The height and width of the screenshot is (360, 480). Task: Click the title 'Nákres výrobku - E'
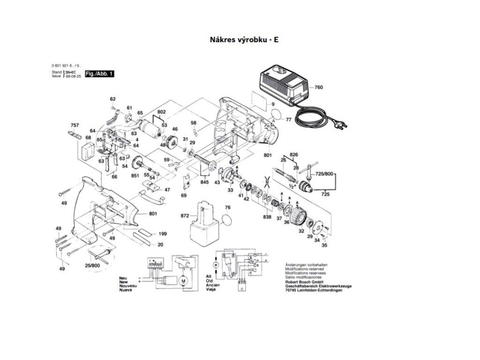244,40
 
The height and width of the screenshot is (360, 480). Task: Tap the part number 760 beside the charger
319,87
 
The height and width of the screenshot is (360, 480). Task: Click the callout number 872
185,216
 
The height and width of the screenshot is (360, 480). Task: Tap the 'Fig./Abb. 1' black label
99,74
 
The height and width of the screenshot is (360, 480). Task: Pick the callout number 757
75,125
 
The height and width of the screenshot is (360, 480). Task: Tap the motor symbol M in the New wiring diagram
184,280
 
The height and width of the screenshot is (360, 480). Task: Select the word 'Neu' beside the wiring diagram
123,277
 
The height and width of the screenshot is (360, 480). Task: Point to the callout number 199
162,233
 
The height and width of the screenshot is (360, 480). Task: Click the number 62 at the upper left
112,99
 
